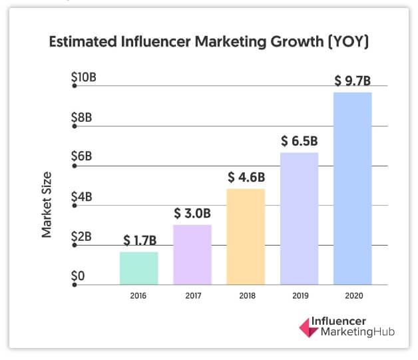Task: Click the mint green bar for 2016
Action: (x=139, y=268)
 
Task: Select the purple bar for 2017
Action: (x=192, y=254)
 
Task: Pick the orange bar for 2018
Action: (x=246, y=236)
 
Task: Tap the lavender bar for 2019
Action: (x=299, y=218)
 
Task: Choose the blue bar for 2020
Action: (x=352, y=188)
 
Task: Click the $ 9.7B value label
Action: (x=352, y=81)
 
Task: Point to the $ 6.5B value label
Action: (x=299, y=141)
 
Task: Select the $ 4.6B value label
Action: (x=246, y=177)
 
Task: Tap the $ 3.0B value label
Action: (x=192, y=213)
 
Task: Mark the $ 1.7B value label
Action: (x=140, y=240)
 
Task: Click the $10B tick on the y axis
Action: (x=84, y=78)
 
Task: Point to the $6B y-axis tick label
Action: (x=81, y=157)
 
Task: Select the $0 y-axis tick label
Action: (x=79, y=275)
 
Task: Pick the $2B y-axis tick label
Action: (x=81, y=236)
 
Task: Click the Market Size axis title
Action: (x=47, y=205)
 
